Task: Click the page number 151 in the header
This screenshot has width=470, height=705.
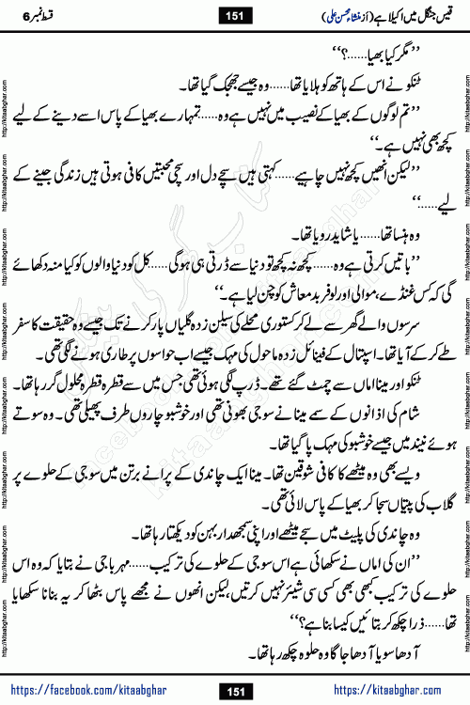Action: click(x=234, y=15)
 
